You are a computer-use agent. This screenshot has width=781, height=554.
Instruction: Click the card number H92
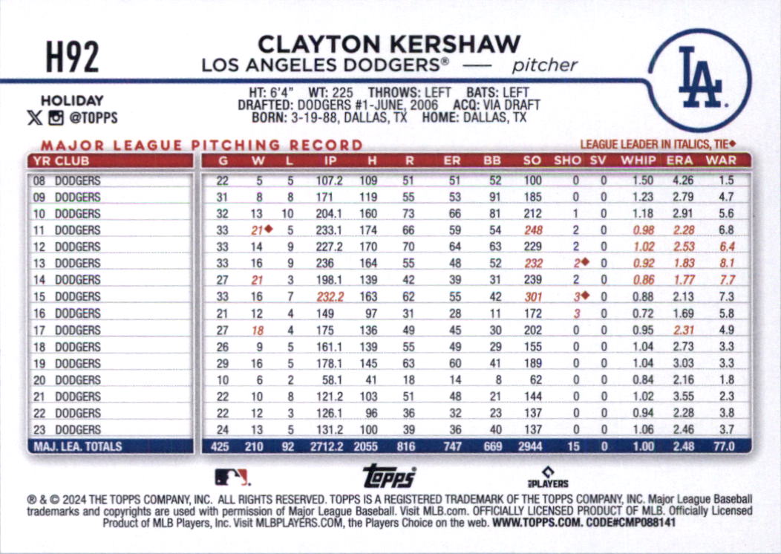pos(73,57)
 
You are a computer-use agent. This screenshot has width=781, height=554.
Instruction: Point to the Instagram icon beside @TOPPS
pos(56,117)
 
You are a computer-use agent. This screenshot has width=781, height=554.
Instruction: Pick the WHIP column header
pos(638,160)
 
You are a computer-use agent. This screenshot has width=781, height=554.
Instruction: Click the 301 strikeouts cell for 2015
pos(532,297)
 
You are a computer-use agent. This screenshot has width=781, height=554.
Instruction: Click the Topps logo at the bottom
pos(388,476)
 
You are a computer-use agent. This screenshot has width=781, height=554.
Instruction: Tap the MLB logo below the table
pos(232,477)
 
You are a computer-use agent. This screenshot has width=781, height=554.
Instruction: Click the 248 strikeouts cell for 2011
pos(532,230)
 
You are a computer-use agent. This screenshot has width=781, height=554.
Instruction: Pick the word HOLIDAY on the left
pos(72,101)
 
